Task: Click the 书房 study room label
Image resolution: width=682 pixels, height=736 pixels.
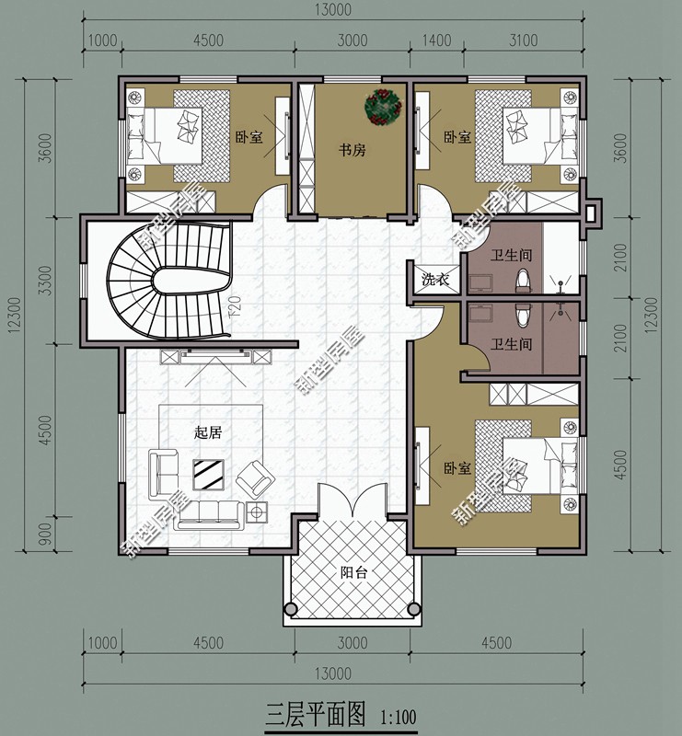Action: (x=352, y=150)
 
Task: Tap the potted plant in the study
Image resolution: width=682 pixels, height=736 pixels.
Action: (x=383, y=107)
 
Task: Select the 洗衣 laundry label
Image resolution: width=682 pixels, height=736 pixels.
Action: (x=435, y=280)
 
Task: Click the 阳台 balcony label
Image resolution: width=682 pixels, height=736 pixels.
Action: (x=353, y=572)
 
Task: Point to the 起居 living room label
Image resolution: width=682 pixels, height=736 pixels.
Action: (x=208, y=432)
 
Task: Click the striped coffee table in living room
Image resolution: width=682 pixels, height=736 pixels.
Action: (x=208, y=475)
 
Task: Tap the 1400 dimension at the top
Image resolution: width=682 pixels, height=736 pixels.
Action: (x=436, y=40)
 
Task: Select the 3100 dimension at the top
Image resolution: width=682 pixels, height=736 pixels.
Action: (x=524, y=40)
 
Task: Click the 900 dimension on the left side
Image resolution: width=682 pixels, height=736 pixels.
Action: (x=44, y=534)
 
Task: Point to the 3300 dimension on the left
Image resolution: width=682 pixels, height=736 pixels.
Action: (x=44, y=281)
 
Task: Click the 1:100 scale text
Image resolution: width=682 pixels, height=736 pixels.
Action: (x=399, y=718)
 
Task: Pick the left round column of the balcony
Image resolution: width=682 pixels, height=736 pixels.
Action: (x=291, y=609)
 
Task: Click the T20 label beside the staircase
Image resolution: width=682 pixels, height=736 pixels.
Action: (x=236, y=307)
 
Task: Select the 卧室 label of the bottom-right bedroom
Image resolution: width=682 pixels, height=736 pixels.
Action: (x=457, y=468)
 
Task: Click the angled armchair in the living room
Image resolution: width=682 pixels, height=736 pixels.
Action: (x=255, y=479)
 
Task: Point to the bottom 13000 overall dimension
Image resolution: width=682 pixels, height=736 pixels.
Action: (x=333, y=674)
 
